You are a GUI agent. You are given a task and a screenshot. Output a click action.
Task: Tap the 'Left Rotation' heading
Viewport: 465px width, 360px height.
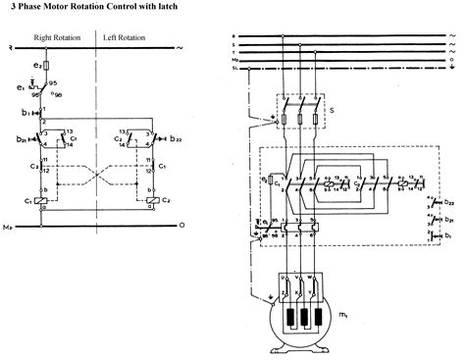tap(126, 37)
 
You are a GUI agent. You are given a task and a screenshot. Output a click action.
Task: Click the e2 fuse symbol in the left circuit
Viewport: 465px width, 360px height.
tap(44, 65)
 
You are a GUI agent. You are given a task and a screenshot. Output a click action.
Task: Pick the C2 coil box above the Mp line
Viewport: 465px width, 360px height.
tap(152, 201)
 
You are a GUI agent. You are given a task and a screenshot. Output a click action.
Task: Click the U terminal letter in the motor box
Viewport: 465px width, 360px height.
tap(284, 278)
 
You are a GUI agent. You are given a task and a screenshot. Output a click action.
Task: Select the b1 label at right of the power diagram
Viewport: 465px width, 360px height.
tap(448, 236)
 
